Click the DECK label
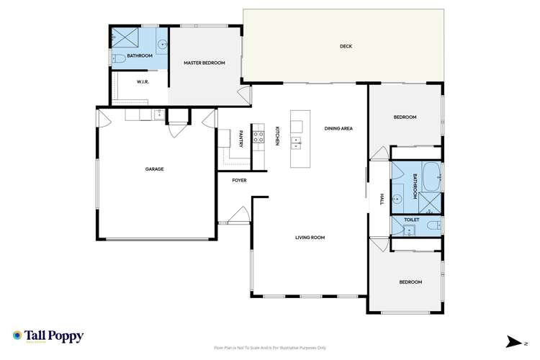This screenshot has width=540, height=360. pyautogui.click(x=346, y=47)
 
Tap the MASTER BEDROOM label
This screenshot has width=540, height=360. pyautogui.click(x=204, y=63)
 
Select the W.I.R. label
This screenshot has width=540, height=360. pyautogui.click(x=143, y=81)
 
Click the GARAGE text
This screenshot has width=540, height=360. pyautogui.click(x=155, y=169)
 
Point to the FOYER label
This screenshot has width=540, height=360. pyautogui.click(x=239, y=180)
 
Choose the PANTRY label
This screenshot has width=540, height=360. pyautogui.click(x=241, y=139)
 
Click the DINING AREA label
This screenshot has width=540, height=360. pyautogui.click(x=338, y=128)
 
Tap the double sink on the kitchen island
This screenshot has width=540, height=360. pyautogui.click(x=295, y=141)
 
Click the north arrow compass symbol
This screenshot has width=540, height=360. pyautogui.click(x=515, y=340)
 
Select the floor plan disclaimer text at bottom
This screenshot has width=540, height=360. pyautogui.click(x=270, y=347)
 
